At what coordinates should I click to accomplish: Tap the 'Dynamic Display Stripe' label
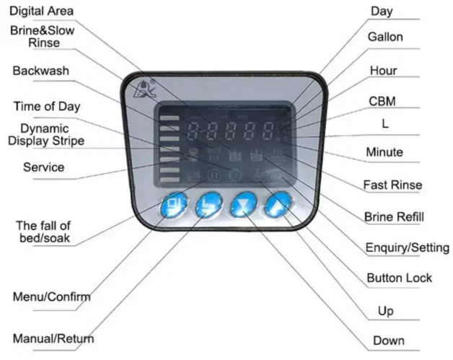click(46, 134)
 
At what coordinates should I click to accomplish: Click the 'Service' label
click(43, 167)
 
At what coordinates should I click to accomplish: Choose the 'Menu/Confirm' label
click(52, 297)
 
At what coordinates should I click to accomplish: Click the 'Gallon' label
click(385, 37)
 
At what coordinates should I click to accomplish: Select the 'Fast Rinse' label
click(392, 185)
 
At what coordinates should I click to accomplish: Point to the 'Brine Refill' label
click(394, 216)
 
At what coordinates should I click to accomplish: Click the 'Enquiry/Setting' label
click(408, 247)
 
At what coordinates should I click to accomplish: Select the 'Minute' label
click(384, 153)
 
